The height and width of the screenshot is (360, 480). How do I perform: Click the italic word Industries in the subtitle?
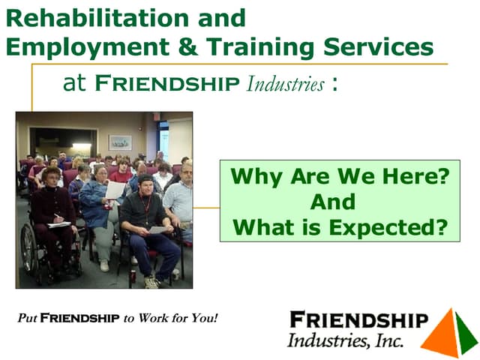pos(285,84)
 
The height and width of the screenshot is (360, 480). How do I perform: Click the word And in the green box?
pos(334,202)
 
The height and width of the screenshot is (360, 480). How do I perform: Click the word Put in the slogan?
pos(27,318)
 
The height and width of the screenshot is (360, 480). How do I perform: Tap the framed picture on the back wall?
pos(120,142)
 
